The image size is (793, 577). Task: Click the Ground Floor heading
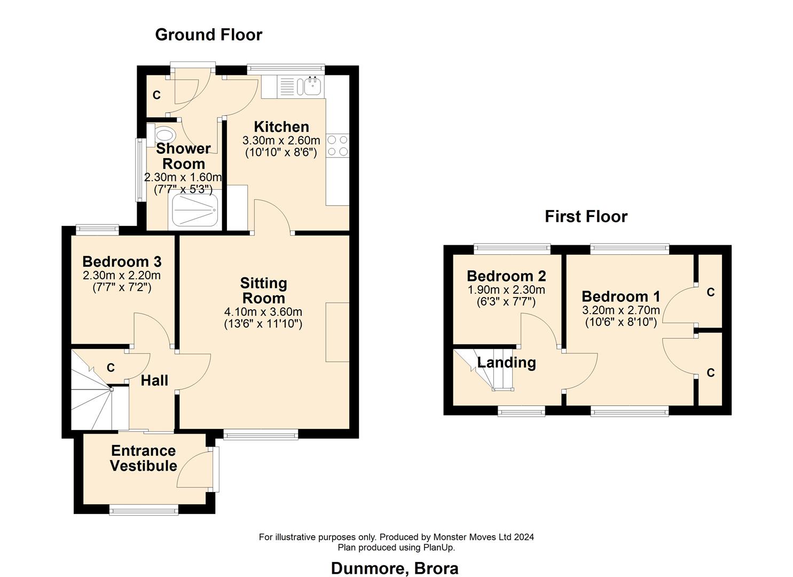point(208,35)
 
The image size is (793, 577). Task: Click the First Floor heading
point(586,216)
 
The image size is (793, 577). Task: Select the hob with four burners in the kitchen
point(337,145)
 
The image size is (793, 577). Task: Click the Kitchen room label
point(281,127)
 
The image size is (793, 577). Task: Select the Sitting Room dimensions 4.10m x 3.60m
point(263,312)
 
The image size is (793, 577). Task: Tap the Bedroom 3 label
point(122,262)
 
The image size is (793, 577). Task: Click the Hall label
point(154,380)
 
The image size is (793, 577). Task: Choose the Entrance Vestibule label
point(143,458)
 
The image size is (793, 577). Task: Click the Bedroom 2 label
point(506,276)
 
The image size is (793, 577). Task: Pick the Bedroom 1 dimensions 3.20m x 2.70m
point(621,310)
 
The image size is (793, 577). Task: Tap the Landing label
point(506,363)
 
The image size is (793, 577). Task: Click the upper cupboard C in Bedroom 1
point(710,292)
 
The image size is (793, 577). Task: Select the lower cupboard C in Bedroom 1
point(710,373)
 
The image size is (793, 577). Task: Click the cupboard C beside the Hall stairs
point(111,368)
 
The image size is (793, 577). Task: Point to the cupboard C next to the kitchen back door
point(156,95)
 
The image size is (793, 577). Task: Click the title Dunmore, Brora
point(395,568)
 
